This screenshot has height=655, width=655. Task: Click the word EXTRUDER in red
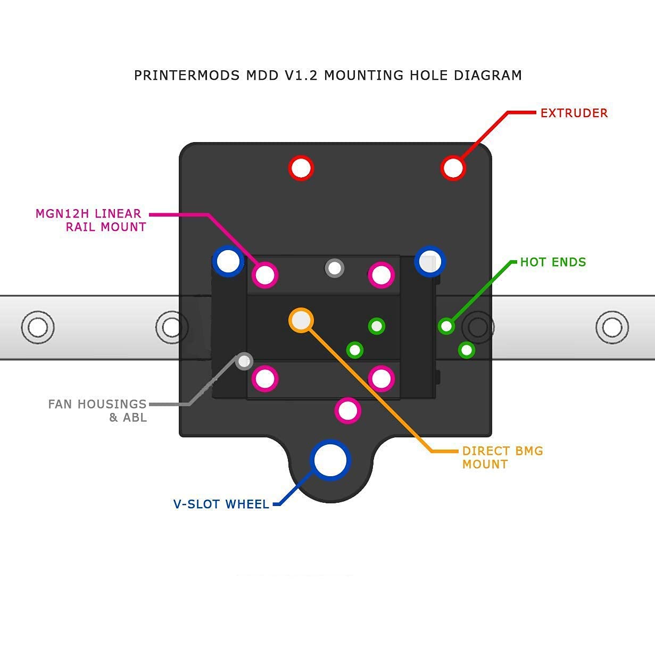(574, 113)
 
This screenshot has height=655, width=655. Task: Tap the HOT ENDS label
(553, 262)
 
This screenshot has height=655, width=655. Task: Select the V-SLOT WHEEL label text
(221, 504)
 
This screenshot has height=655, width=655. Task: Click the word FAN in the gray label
(60, 404)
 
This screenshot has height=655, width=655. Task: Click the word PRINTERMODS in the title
(187, 75)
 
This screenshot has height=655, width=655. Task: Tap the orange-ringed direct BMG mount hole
(301, 320)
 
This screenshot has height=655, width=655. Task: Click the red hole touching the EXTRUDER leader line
(453, 168)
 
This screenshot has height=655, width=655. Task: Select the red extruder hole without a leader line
(301, 168)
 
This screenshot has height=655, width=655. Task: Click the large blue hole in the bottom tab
(330, 460)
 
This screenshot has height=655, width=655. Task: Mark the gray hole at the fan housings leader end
(244, 361)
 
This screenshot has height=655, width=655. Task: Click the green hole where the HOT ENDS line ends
(446, 326)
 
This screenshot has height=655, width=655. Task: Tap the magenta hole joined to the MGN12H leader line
(265, 275)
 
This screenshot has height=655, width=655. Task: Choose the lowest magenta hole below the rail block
(348, 411)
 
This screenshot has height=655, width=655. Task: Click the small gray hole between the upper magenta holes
(334, 268)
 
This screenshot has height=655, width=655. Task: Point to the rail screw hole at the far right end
(612, 327)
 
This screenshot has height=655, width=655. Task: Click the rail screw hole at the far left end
(37, 327)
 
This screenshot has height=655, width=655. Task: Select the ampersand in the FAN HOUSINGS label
(113, 418)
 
